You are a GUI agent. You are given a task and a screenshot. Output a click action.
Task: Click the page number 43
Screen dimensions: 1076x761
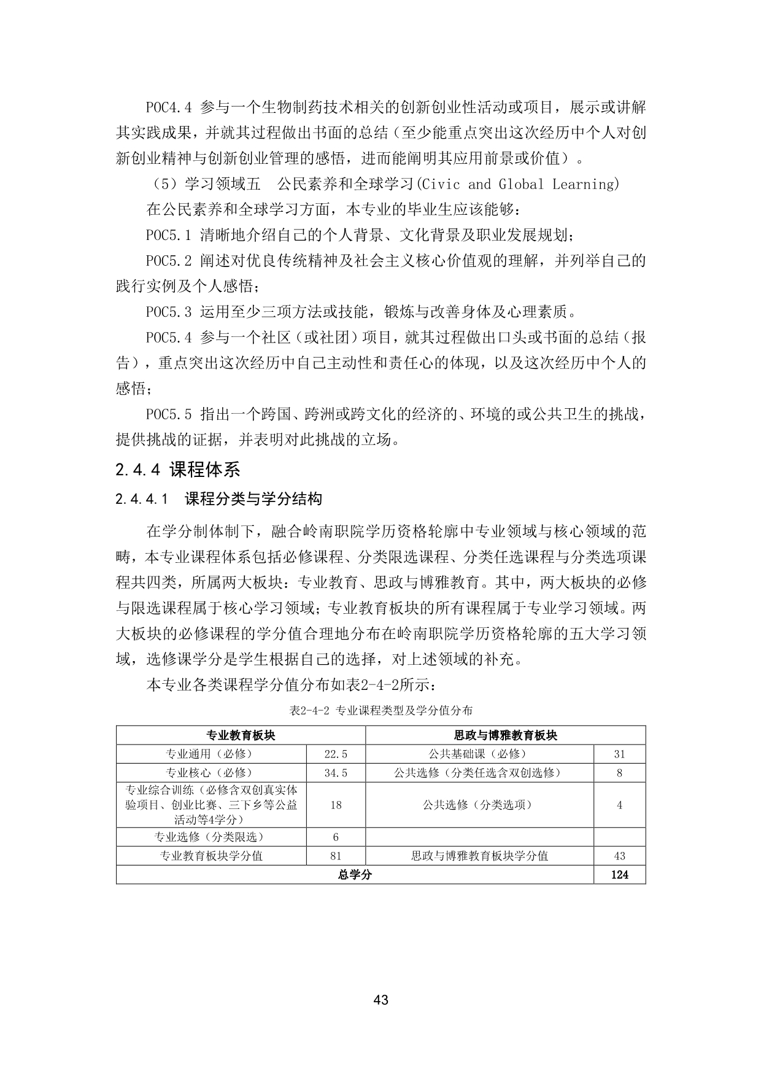pyautogui.click(x=381, y=1000)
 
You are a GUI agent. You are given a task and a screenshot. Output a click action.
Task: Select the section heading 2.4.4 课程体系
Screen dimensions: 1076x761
pyautogui.click(x=177, y=470)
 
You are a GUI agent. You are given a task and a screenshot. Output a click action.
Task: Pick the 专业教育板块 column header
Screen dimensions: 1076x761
pyautogui.click(x=241, y=735)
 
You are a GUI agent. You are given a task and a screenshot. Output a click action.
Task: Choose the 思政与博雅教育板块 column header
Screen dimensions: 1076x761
pyautogui.click(x=505, y=735)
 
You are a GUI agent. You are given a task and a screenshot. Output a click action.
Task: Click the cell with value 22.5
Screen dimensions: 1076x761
pyautogui.click(x=336, y=754)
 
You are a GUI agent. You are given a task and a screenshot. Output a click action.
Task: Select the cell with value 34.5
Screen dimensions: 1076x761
pyautogui.click(x=336, y=773)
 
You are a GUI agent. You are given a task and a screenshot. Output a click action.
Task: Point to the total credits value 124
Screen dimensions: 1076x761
pyautogui.click(x=619, y=875)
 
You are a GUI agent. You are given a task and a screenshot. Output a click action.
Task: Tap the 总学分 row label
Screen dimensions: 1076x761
pyautogui.click(x=355, y=875)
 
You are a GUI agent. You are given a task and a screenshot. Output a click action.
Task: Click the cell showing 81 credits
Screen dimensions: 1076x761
pyautogui.click(x=336, y=856)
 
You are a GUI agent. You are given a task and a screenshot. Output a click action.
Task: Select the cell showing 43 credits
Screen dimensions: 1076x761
pyautogui.click(x=619, y=856)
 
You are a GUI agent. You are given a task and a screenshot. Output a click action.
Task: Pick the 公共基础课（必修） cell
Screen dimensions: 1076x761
pyautogui.click(x=479, y=754)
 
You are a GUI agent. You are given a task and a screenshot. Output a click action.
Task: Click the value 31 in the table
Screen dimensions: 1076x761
pyautogui.click(x=619, y=754)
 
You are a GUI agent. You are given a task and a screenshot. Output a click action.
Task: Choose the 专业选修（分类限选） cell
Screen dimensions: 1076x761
pyautogui.click(x=211, y=837)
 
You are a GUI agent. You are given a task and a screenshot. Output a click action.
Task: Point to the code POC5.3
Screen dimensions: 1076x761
pyautogui.click(x=169, y=312)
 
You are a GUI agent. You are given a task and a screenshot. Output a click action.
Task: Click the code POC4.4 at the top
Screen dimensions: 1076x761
pyautogui.click(x=169, y=107)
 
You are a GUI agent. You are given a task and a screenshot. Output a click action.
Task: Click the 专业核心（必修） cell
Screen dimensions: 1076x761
pyautogui.click(x=211, y=773)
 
